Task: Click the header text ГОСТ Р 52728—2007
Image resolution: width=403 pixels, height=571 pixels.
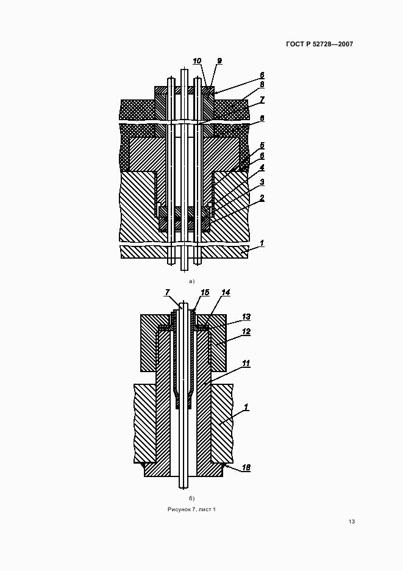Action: pos(319,44)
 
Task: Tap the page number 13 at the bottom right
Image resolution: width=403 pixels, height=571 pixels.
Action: pos(352,522)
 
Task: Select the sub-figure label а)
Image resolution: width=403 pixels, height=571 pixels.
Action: pos(191,281)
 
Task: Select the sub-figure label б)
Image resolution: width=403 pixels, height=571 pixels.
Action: pos(191,498)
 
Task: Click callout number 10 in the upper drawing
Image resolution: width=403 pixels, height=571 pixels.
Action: pos(197,61)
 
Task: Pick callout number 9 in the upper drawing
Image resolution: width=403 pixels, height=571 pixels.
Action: pos(219,61)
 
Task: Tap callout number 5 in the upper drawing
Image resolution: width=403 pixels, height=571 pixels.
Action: pos(262,146)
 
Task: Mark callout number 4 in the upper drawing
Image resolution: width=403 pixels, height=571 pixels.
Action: pos(262,167)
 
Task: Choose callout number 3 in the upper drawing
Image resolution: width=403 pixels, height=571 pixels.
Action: pos(262,182)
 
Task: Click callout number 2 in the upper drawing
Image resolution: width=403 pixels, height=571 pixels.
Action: pos(262,198)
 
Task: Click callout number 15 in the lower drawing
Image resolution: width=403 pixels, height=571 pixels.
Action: pos(205,293)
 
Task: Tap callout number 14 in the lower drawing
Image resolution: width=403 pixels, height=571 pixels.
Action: pos(226,293)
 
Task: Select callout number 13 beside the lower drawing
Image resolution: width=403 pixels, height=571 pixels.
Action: pos(246,317)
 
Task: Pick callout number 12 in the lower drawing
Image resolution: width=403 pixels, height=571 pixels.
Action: pos(246,332)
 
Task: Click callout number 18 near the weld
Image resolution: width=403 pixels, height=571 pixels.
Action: pos(246,467)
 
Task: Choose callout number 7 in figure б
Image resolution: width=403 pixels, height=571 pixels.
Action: pos(167,293)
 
